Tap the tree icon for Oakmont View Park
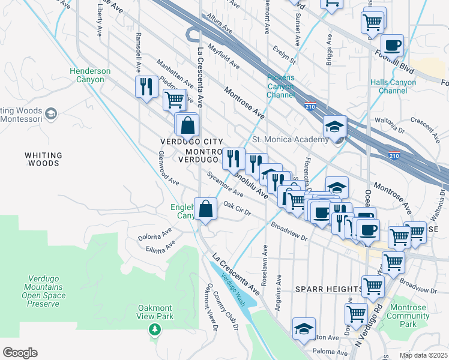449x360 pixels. (155, 329)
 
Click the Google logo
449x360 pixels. (20, 353)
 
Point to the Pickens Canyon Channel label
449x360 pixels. (281, 86)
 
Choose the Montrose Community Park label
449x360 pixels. (408, 316)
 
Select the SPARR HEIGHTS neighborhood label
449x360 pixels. (329, 289)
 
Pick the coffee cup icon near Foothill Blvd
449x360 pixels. (392, 45)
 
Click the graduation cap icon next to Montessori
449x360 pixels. (51, 113)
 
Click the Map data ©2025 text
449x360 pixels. (424, 355)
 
